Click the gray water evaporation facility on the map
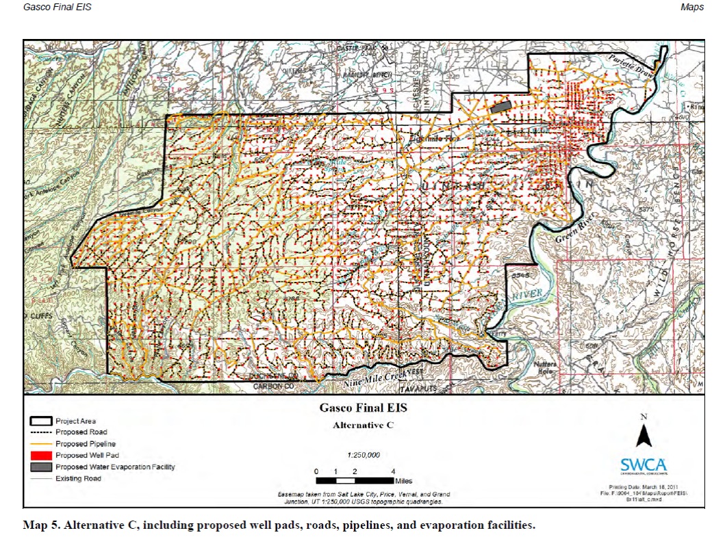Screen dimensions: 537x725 pos(500,107)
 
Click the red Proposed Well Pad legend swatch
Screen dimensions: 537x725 pos(40,455)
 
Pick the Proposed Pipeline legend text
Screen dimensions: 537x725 pos(81,444)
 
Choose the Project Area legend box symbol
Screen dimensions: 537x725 pos(40,421)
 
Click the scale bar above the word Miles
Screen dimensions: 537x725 pos(354,481)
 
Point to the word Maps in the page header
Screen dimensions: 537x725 pos(691,7)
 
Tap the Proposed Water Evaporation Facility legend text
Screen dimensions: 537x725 pos(115,467)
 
